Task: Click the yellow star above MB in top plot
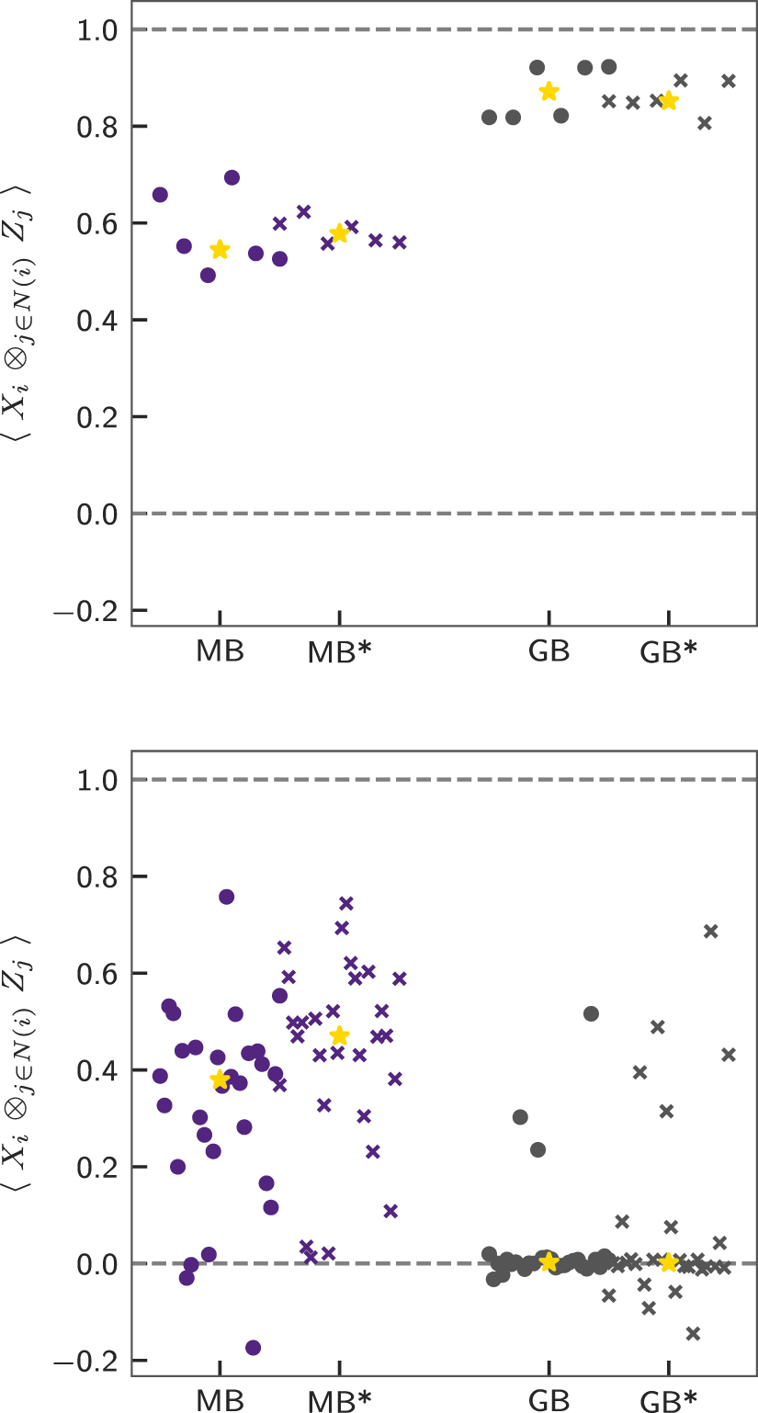[x=220, y=250]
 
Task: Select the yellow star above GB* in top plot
[x=669, y=100]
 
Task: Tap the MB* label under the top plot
[x=339, y=652]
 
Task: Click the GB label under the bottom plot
[x=549, y=1400]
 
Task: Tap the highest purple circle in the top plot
[x=232, y=177]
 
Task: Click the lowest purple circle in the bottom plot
[x=253, y=1348]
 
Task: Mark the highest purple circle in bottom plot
[x=227, y=897]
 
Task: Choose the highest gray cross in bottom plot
[x=710, y=931]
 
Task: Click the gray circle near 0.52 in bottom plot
[x=591, y=1013]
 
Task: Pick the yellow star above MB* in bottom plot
[x=339, y=1035]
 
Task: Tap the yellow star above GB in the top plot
[x=549, y=91]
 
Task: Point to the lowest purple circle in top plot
[x=208, y=275]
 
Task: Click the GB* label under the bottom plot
[x=669, y=1400]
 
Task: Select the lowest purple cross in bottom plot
[x=311, y=1256]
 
